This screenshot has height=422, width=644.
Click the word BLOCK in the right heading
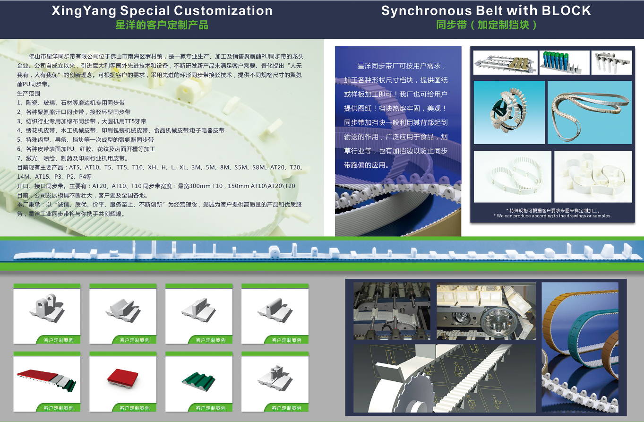pyautogui.click(x=566, y=11)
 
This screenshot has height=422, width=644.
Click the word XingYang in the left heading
pyautogui.click(x=84, y=11)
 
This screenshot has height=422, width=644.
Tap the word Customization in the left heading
pyautogui.click(x=223, y=11)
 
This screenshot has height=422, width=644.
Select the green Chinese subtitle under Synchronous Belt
pyautogui.click(x=486, y=25)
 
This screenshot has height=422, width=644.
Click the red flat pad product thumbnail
pyautogui.click(x=123, y=377)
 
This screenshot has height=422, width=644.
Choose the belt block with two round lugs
pyautogui.click(x=47, y=308)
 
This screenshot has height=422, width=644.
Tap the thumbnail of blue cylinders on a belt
pyautogui.click(x=564, y=62)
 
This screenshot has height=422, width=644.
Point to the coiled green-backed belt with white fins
pyautogui.click(x=509, y=112)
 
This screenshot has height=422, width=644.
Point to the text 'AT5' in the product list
pyautogui.click(x=74, y=167)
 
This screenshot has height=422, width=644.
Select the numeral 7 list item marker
pyautogui.click(x=19, y=158)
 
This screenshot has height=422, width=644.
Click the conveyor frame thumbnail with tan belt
pyautogui.click(x=506, y=63)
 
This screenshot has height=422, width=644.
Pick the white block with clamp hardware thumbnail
pyautogui.click(x=275, y=377)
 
